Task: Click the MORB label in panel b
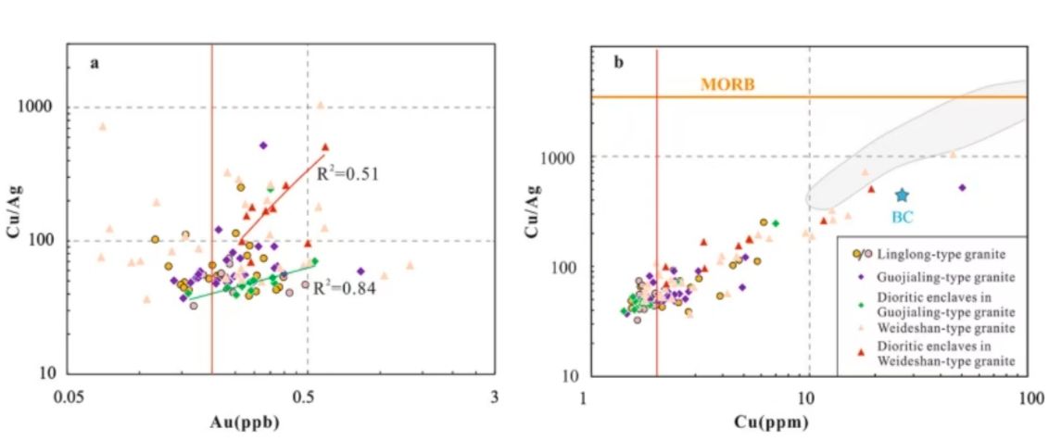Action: tap(727, 84)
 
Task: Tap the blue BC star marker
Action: tap(902, 195)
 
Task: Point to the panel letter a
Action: tap(95, 64)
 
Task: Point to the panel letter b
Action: tap(618, 63)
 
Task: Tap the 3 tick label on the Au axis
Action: tap(494, 397)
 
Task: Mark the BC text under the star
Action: tap(902, 218)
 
